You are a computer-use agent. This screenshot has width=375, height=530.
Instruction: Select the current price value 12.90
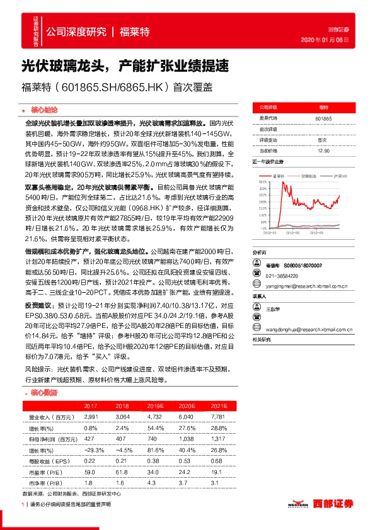323,150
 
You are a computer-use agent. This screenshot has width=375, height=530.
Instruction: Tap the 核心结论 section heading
44,109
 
